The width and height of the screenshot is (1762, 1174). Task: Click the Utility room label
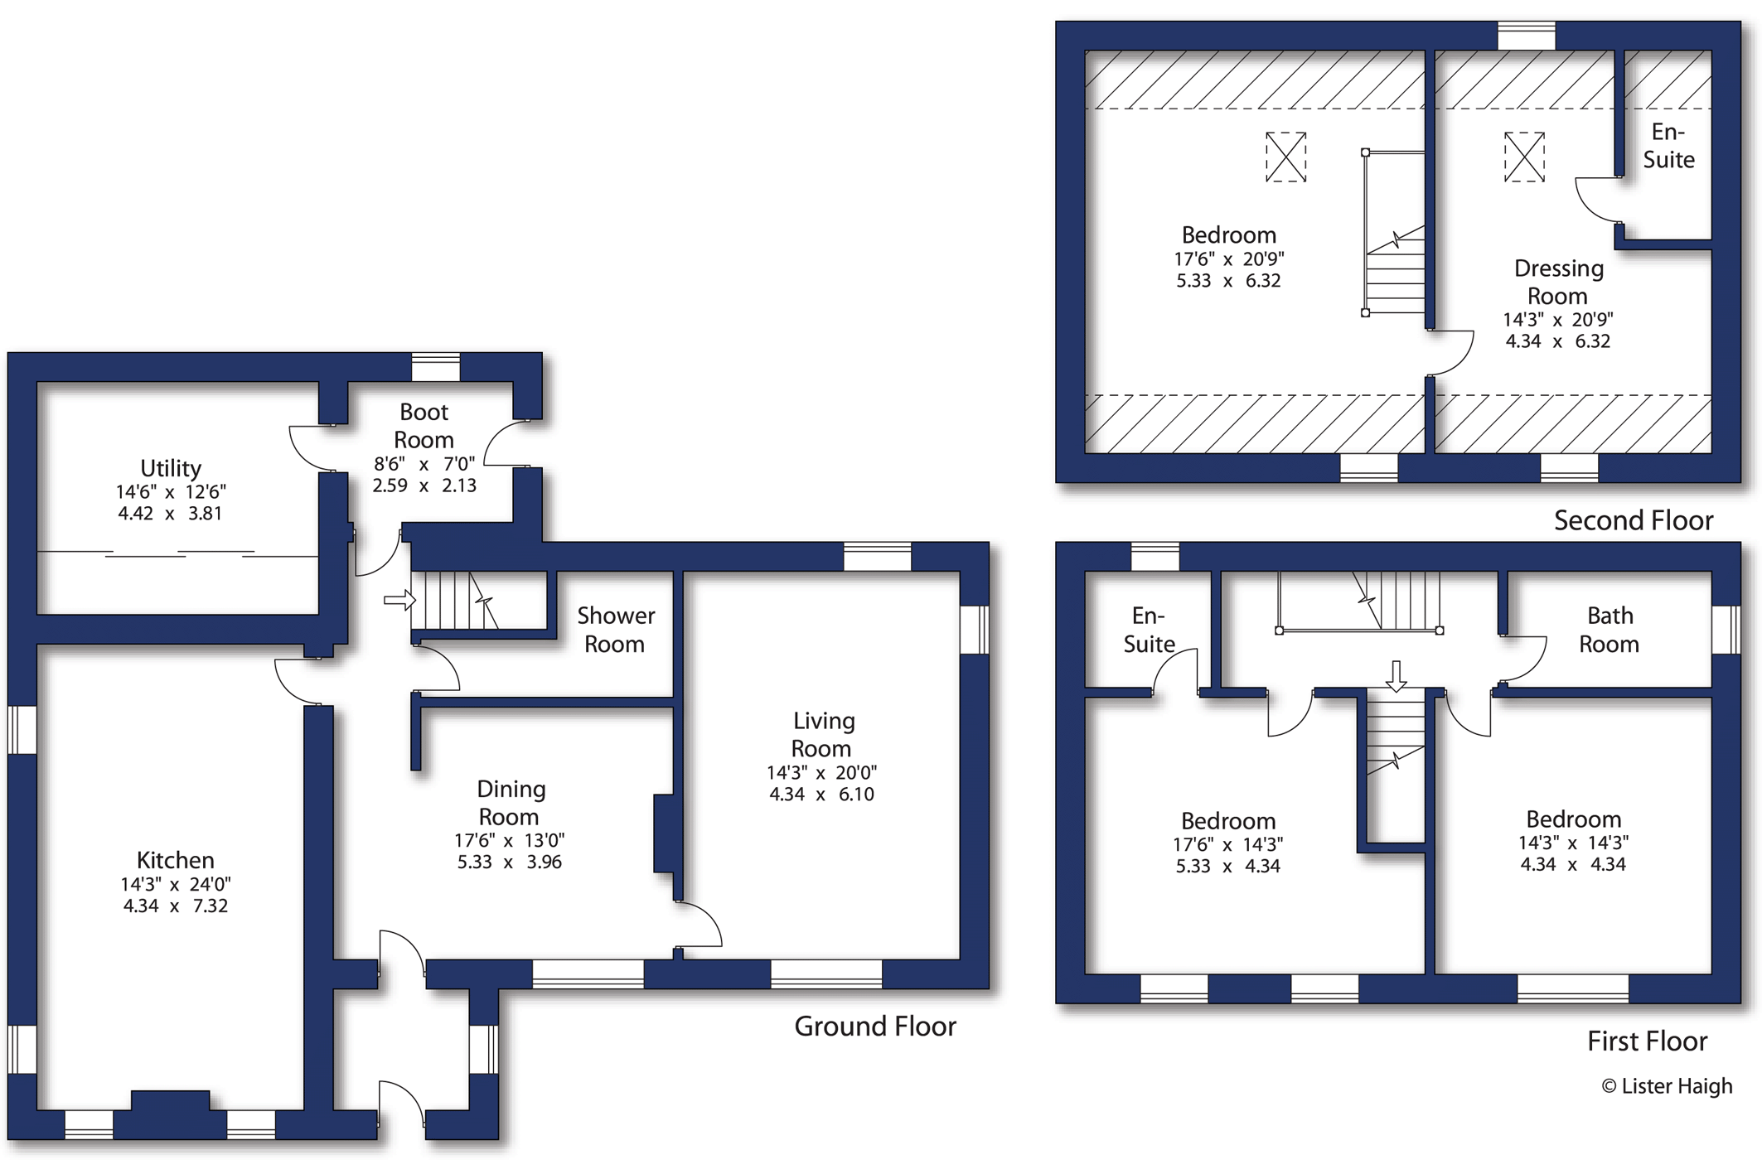(171, 468)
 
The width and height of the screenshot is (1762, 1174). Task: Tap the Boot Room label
(424, 425)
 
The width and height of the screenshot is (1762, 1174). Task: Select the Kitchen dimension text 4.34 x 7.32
(175, 906)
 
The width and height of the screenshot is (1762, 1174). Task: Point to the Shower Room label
(616, 630)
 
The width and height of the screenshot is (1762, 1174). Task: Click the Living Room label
(822, 734)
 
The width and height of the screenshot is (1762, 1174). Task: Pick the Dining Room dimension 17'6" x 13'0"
(509, 840)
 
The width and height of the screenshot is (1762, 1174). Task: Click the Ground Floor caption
(875, 1027)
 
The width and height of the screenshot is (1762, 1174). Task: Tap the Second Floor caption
(1634, 520)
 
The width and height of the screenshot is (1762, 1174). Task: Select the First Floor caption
(1647, 1041)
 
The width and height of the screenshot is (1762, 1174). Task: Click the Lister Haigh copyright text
(1667, 1086)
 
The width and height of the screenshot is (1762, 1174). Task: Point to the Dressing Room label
(1558, 282)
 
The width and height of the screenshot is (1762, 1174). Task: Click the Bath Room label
(1610, 630)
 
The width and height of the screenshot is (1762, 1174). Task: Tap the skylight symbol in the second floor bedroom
(1285, 157)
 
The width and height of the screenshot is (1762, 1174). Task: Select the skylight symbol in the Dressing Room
(1524, 157)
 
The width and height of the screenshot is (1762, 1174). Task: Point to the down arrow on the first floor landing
(1397, 676)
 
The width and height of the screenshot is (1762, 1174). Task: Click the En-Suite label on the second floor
(1668, 146)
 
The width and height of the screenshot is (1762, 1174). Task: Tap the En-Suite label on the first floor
(1149, 630)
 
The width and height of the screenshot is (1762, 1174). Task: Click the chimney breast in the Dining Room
(664, 833)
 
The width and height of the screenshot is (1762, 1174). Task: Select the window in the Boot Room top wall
(436, 367)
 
